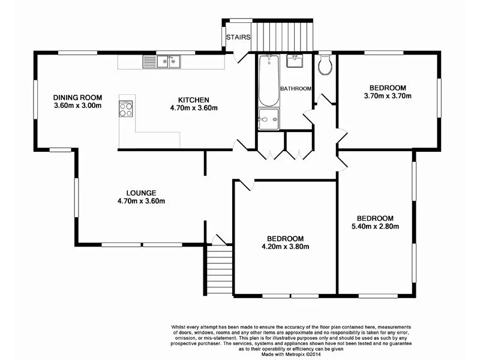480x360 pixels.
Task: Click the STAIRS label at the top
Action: tap(238, 37)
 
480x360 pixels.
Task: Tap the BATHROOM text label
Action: tap(296, 89)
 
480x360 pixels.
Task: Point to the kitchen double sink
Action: tap(161, 61)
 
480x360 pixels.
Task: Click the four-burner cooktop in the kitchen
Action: tap(127, 109)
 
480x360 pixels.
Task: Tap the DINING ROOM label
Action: tap(77, 98)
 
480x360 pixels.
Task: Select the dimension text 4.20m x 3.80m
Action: tap(285, 247)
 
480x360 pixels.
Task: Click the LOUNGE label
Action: tap(142, 193)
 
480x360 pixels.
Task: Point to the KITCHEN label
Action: tap(193, 100)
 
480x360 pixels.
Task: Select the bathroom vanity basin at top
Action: tap(295, 61)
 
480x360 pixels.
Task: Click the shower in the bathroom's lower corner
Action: tap(268, 119)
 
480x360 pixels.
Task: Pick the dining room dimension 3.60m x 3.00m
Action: tap(77, 106)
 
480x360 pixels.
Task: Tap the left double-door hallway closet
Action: tap(271, 146)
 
